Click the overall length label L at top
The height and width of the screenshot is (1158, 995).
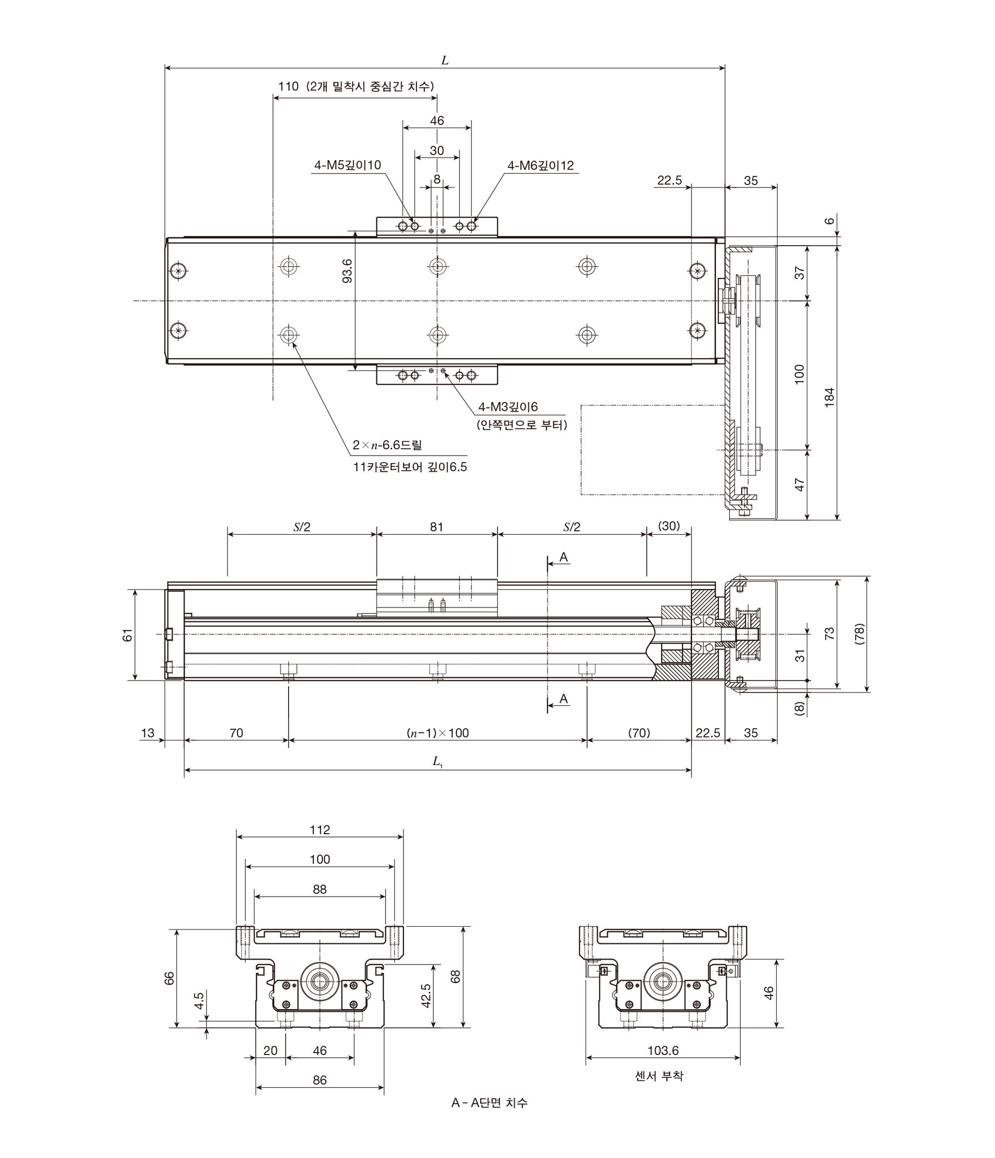pyautogui.click(x=445, y=60)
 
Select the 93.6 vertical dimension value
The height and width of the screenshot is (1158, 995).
pyautogui.click(x=348, y=271)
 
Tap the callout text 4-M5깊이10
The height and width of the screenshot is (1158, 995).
pyautogui.click(x=348, y=165)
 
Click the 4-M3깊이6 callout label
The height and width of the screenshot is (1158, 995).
pyautogui.click(x=508, y=407)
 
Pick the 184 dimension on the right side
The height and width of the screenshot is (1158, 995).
pyautogui.click(x=829, y=397)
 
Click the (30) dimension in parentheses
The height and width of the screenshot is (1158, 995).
pyautogui.click(x=669, y=526)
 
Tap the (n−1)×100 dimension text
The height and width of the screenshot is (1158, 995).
pyautogui.click(x=438, y=733)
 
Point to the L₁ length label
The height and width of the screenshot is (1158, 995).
pyautogui.click(x=438, y=761)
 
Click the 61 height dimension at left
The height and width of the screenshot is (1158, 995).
pyautogui.click(x=128, y=635)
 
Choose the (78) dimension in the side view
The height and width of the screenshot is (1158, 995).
pyautogui.click(x=860, y=634)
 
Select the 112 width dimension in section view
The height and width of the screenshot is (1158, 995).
pyautogui.click(x=320, y=830)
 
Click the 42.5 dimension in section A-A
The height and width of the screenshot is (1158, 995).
pyautogui.click(x=426, y=996)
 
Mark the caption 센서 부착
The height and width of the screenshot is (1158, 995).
pyautogui.click(x=659, y=1076)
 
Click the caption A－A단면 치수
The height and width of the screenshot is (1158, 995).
pyautogui.click(x=490, y=1103)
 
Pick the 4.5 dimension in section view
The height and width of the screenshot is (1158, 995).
pyautogui.click(x=199, y=1000)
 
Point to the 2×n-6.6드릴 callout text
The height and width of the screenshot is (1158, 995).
pyautogui.click(x=388, y=445)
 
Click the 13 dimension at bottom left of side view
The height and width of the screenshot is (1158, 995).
pyautogui.click(x=148, y=733)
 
